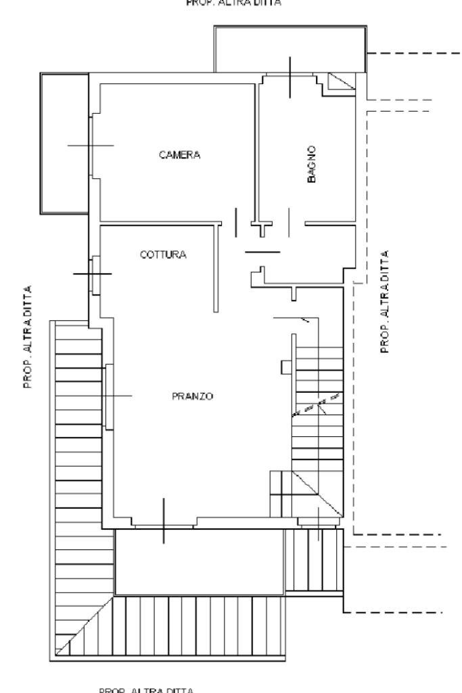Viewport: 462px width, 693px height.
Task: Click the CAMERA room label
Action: [179, 155]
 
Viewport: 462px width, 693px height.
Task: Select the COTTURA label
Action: [163, 255]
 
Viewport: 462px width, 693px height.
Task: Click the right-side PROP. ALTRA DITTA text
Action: [386, 301]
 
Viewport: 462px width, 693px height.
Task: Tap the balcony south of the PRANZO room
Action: [199, 562]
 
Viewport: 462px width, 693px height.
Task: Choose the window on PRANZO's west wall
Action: [108, 396]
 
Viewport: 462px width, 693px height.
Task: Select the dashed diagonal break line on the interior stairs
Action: [315, 404]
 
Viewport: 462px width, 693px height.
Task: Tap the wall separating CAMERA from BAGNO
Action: [256, 149]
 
